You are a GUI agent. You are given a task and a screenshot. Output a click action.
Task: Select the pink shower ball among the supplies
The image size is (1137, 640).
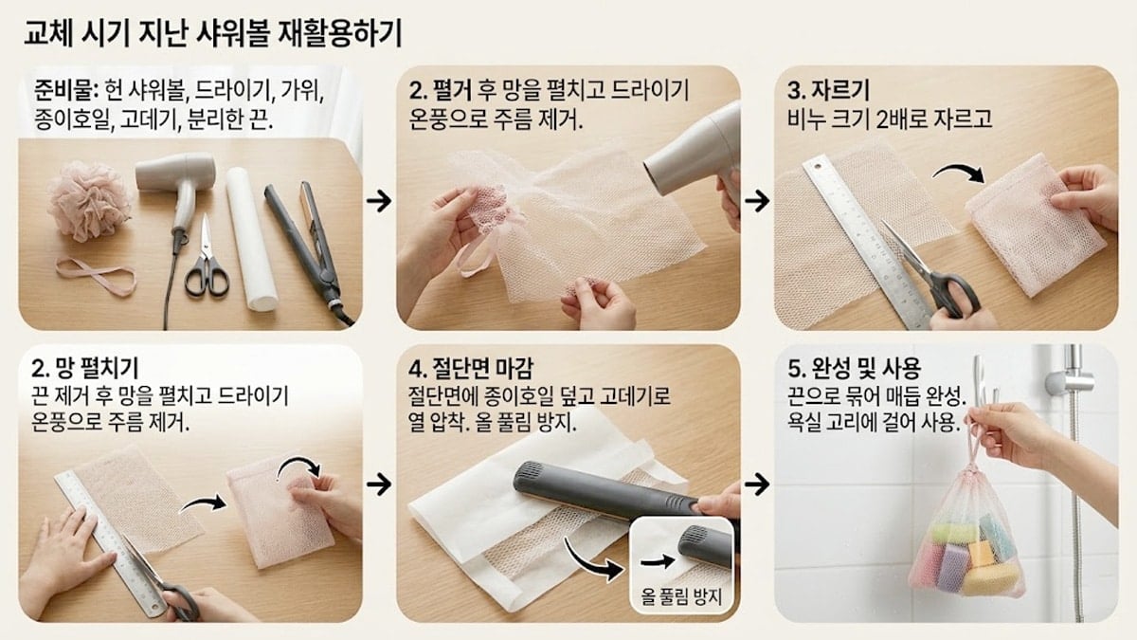pyautogui.click(x=89, y=199)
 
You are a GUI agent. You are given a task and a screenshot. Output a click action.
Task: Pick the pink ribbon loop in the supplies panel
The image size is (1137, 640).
pyautogui.click(x=95, y=276)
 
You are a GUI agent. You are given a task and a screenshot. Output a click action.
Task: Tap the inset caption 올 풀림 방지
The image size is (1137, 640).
pyautogui.click(x=681, y=596)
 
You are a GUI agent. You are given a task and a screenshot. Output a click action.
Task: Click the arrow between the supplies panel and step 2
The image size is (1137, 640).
pyautogui.click(x=378, y=201)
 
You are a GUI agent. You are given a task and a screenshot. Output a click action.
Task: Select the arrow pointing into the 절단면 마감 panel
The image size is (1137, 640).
pyautogui.click(x=378, y=485)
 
